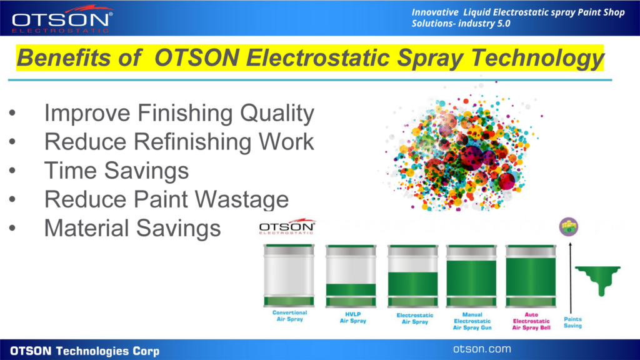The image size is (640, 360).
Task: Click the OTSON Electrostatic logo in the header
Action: coord(62,19)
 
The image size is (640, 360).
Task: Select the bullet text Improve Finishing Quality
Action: coord(179,113)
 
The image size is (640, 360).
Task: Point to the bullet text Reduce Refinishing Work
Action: coord(179,142)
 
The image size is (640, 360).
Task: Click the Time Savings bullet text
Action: coord(116,171)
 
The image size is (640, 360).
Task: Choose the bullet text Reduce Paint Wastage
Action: coord(166,199)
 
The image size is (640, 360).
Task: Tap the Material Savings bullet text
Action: coord(132,228)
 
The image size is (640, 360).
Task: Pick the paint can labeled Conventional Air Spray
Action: coord(289,276)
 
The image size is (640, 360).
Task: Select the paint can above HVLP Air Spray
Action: coord(351,276)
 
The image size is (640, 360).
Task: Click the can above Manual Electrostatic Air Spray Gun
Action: coord(471,276)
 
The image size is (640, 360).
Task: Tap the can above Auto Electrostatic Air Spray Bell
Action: coord(531,276)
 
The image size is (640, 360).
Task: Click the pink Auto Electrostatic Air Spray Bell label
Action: coord(531,321)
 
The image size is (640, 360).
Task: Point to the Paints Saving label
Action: coord(572,322)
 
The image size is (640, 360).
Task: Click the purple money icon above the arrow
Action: coord(569,227)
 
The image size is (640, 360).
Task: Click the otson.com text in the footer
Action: coord(482,349)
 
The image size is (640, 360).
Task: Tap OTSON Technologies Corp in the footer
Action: coord(85,351)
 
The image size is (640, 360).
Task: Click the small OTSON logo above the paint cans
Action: coord(287,226)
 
